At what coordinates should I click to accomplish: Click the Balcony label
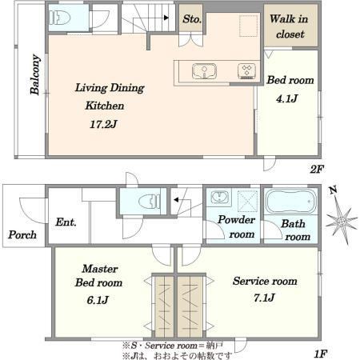[35, 74]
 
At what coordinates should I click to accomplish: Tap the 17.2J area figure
[103, 124]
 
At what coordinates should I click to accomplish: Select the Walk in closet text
[289, 26]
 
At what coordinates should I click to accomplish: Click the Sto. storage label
[192, 19]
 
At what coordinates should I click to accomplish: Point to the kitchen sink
[204, 71]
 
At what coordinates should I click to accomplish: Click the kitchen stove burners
[246, 71]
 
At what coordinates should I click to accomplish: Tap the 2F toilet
[60, 18]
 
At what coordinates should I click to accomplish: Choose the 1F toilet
[150, 201]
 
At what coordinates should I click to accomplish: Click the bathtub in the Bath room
[291, 201]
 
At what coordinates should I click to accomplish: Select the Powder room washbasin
[219, 198]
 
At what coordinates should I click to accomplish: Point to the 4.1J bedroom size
[287, 99]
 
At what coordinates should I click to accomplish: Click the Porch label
[22, 235]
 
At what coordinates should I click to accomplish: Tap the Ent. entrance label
[66, 222]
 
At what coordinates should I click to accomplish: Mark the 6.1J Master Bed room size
[98, 300]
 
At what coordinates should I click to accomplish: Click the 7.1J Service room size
[264, 298]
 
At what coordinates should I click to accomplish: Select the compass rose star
[342, 222]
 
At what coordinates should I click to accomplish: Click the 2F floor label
[317, 170]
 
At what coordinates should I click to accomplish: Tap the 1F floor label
[320, 354]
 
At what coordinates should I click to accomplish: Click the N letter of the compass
[333, 190]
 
